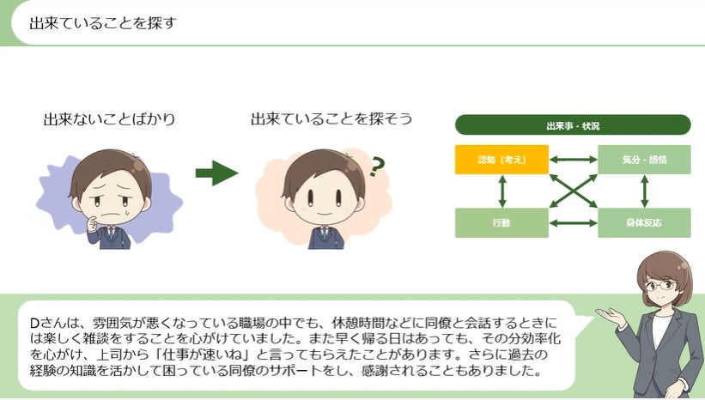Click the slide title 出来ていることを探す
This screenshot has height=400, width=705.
click(x=103, y=22)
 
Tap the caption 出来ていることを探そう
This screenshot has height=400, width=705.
click(x=331, y=119)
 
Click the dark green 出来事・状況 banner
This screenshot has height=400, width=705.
click(x=573, y=125)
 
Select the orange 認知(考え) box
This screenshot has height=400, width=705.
click(x=501, y=160)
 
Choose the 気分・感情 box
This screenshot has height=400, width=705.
click(x=644, y=160)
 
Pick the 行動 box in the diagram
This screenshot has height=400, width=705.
click(x=501, y=222)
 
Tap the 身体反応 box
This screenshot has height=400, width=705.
click(x=644, y=222)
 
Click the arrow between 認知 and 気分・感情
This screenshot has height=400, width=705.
click(x=573, y=160)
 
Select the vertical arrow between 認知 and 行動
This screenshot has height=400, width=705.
click(x=501, y=191)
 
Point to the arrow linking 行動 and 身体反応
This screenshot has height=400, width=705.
click(x=573, y=222)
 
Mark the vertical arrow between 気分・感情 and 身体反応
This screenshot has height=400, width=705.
click(x=644, y=191)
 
